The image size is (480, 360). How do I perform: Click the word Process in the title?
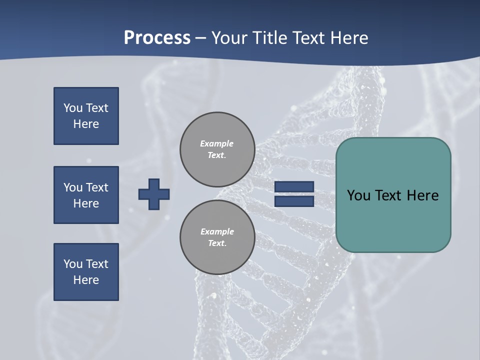(x=157, y=38)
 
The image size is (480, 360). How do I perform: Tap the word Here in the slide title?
(x=349, y=38)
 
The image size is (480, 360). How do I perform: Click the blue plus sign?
(x=154, y=194)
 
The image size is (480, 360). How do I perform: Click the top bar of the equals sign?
(x=294, y=187)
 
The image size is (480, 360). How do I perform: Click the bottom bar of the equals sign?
(x=294, y=201)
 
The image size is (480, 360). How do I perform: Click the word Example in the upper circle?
(x=217, y=143)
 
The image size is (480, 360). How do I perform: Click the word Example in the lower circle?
(x=217, y=231)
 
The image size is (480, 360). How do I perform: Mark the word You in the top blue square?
(x=73, y=108)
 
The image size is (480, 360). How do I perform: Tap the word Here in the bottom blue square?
(x=86, y=280)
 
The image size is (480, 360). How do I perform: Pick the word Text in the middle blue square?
(x=96, y=187)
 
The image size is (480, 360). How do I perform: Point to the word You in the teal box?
(x=358, y=195)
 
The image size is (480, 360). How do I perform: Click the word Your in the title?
(x=229, y=38)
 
